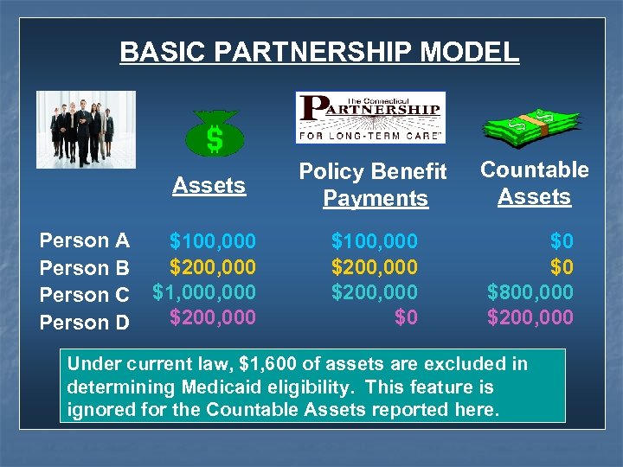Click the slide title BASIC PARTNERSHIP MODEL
coord(319,51)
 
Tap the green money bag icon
coord(215,134)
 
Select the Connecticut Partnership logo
coord(370,117)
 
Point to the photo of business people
coord(86,129)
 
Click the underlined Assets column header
coord(209,185)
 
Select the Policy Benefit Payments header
coord(375,184)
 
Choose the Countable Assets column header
coord(534,183)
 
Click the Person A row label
coord(85,240)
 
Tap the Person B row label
coord(85,267)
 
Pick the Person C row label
coord(85,294)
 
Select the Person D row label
coord(85,322)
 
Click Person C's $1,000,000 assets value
coord(204,292)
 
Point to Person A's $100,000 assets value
coord(212,240)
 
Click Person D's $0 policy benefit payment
coord(405,317)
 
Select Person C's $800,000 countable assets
coord(530,292)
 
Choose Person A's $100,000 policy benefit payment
coord(374,240)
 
